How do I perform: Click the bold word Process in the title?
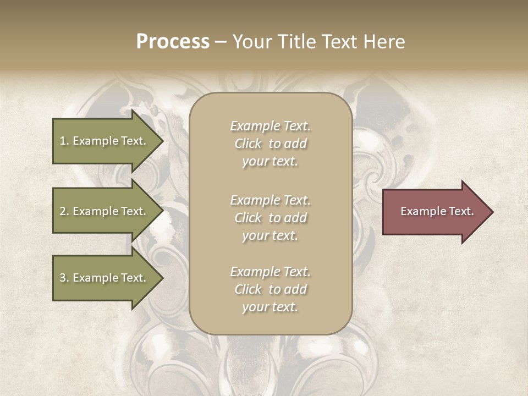[173, 42]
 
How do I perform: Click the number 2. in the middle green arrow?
[64, 211]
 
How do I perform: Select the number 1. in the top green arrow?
[64, 141]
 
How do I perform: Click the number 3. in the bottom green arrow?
[64, 278]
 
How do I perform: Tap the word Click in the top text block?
[248, 144]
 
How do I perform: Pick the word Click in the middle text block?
[248, 218]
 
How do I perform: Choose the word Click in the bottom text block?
[248, 289]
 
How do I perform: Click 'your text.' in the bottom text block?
[270, 307]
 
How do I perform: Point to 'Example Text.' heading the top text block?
[270, 126]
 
